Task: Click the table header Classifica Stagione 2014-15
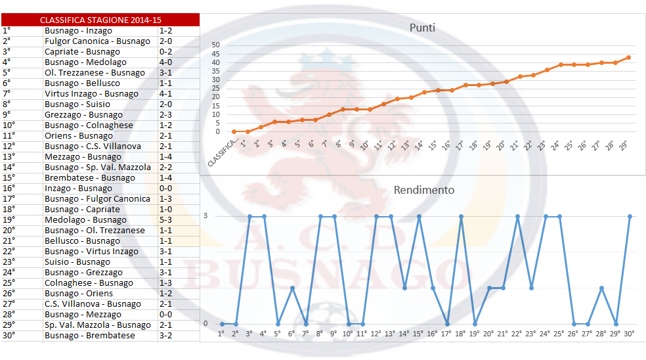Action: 100,20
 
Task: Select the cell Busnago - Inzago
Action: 78,31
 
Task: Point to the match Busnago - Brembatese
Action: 90,336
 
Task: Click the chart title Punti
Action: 422,28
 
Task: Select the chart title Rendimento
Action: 423,191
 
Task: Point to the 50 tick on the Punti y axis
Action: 215,45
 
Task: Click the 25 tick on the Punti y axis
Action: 215,88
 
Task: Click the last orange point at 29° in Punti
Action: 628,57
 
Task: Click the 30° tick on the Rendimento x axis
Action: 630,333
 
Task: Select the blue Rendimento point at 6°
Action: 292,288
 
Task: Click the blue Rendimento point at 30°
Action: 630,216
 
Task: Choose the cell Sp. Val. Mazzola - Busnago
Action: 98,325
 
